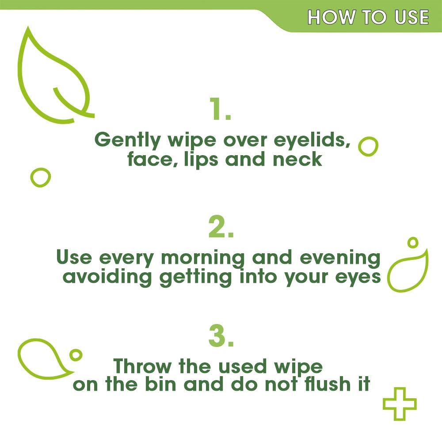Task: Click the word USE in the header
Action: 412,17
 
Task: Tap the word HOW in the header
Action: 331,17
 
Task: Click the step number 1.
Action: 220,109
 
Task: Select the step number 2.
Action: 221,227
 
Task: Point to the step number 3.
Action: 221,336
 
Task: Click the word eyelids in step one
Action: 312,140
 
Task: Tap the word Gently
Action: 127,140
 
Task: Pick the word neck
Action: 297,159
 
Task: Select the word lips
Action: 201,160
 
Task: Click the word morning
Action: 203,259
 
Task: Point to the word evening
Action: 340,259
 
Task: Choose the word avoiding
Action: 107,278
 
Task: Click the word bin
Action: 160,384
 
